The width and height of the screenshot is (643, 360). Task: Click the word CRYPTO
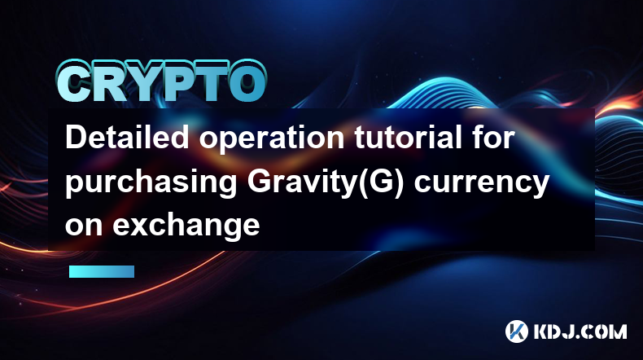click(161, 81)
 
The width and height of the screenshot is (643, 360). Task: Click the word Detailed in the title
click(127, 138)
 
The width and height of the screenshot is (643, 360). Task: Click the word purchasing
click(151, 184)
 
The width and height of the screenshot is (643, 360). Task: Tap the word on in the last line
click(84, 226)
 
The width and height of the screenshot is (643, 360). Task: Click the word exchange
click(186, 226)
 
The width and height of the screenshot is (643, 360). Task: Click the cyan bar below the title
click(102, 271)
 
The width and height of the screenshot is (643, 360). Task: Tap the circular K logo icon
click(517, 331)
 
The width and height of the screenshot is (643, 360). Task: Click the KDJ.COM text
click(580, 331)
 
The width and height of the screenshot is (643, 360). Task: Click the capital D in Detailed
click(77, 138)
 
